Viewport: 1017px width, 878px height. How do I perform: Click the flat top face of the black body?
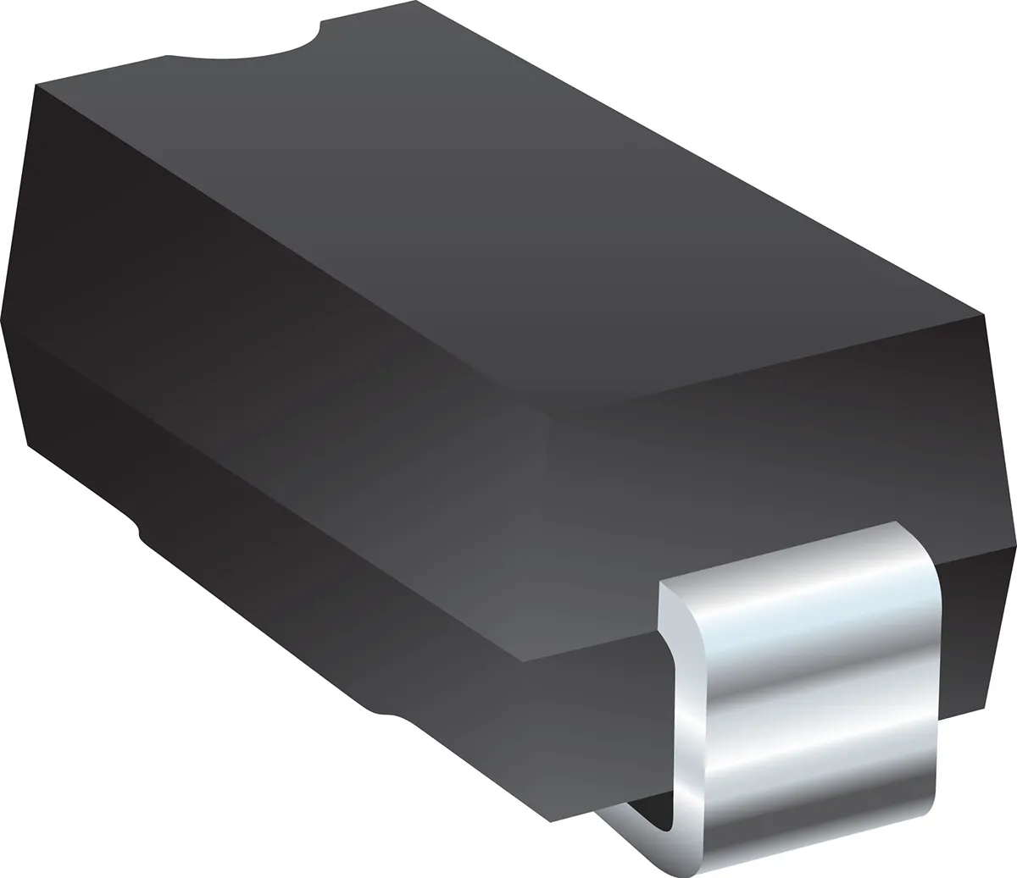[508, 212]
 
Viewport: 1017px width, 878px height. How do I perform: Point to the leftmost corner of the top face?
[36, 85]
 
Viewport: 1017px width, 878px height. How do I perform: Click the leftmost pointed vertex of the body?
[3, 320]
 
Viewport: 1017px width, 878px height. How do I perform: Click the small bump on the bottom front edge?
[386, 714]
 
